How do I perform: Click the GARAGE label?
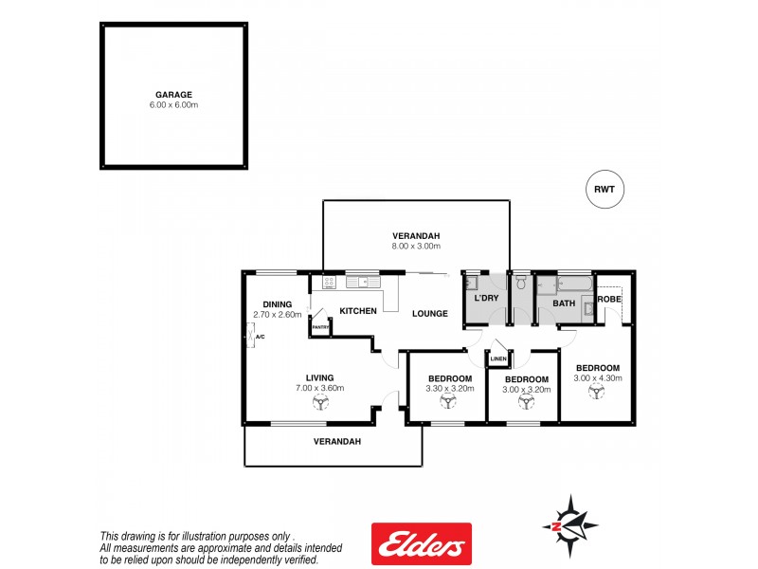[x=173, y=94]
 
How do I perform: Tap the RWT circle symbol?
[x=605, y=189]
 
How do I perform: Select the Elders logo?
[x=421, y=544]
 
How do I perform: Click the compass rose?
[x=569, y=524]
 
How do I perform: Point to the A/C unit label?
[x=260, y=336]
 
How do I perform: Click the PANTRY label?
[x=319, y=328]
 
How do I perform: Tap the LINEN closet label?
[x=498, y=358]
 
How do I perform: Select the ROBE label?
[x=609, y=299]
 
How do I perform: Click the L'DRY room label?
[x=486, y=299]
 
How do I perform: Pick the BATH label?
[x=564, y=303]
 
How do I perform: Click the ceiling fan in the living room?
[x=318, y=402]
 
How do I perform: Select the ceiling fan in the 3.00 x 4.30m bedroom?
[x=596, y=392]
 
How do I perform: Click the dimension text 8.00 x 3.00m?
[x=417, y=247]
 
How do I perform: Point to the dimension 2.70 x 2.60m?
[x=277, y=315]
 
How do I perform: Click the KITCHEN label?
[x=358, y=311]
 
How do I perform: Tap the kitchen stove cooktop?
[x=329, y=282]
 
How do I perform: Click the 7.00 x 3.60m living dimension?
[x=318, y=388]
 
